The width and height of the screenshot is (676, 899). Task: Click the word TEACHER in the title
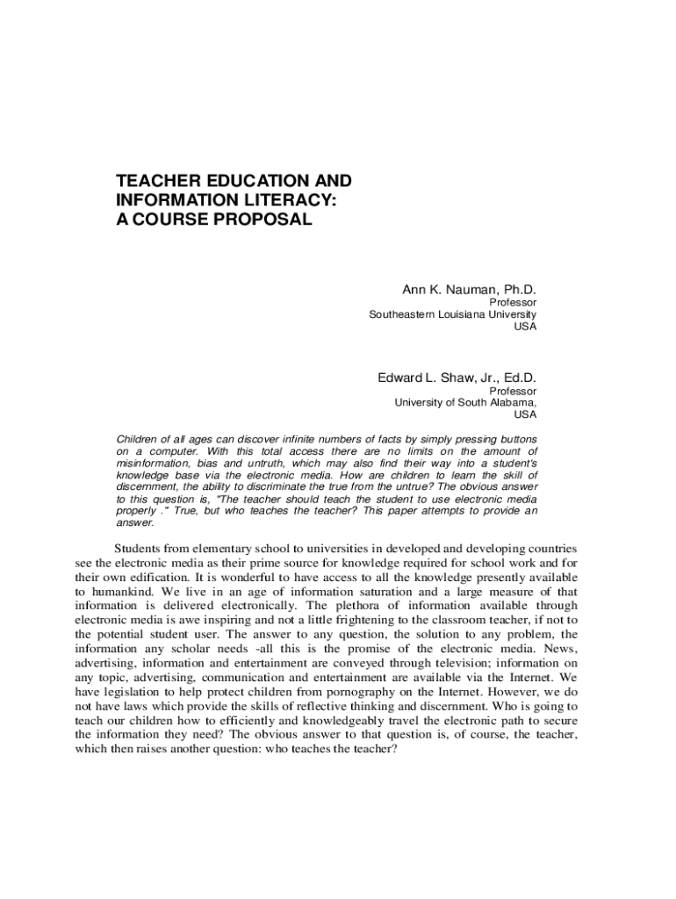[155, 181]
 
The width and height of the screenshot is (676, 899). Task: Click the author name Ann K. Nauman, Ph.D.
[469, 290]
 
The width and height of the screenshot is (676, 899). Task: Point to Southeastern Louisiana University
[452, 314]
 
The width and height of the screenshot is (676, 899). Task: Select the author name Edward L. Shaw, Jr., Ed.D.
[457, 378]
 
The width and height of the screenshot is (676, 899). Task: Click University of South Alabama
[464, 403]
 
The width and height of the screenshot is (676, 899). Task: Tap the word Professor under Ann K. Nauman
[513, 303]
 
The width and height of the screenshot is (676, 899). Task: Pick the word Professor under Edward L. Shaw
[513, 392]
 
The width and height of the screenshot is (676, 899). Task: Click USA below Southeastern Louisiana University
[525, 327]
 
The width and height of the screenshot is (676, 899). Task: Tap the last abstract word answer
[134, 522]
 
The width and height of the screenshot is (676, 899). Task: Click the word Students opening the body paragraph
[140, 549]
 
